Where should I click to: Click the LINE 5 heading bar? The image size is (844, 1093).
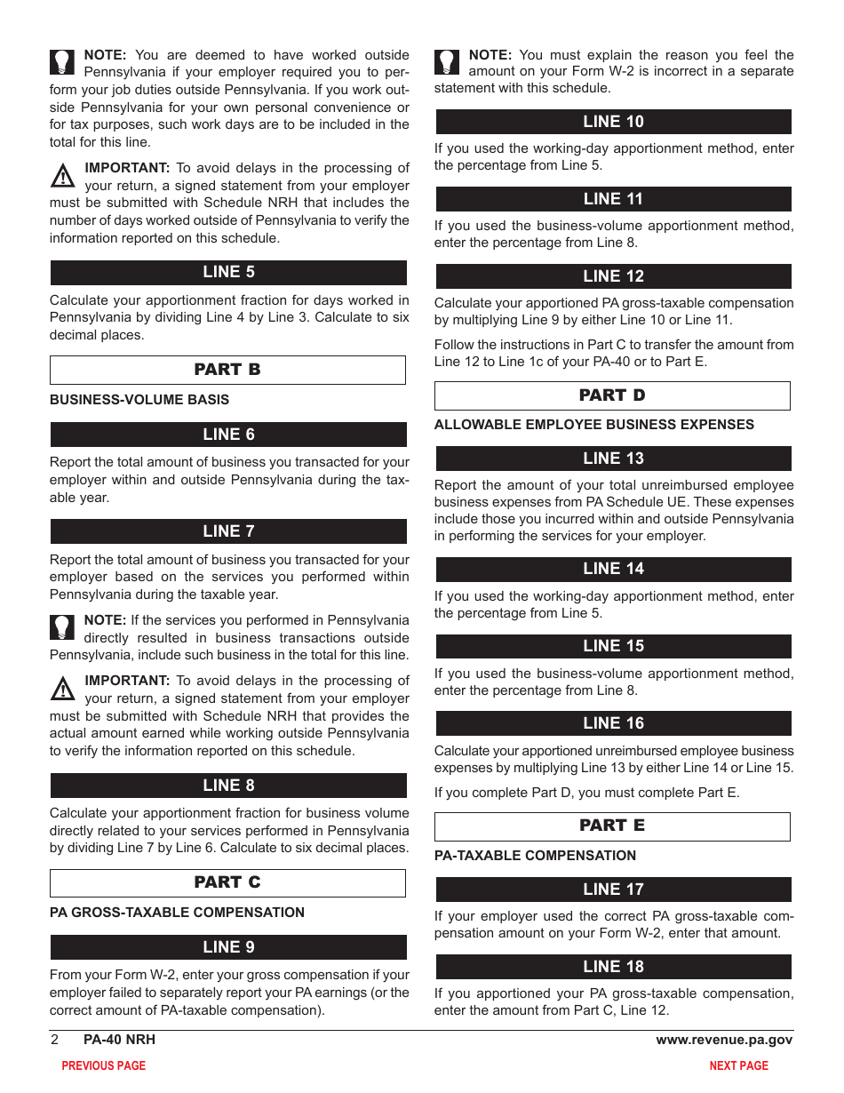coord(228,272)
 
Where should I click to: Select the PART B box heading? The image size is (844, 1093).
coord(227,370)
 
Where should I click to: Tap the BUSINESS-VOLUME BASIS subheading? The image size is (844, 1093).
coord(139,400)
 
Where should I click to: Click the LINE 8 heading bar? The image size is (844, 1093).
coord(228,786)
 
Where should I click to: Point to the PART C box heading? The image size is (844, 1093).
coord(227,882)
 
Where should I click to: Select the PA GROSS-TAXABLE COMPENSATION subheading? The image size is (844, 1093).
coord(177,913)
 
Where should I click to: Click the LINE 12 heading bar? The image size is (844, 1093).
coord(613,276)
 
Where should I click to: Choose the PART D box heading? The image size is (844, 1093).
coord(612,395)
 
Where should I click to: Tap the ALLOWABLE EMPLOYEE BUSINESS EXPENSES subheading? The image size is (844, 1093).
coord(593,425)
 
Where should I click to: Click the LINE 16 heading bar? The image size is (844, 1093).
coord(613,723)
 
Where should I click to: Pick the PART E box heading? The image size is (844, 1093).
coord(612,826)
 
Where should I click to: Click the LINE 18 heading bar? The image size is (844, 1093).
coord(613,967)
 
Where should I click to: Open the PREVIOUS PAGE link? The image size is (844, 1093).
coord(103,1065)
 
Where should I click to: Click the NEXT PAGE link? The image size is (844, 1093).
coord(738,1065)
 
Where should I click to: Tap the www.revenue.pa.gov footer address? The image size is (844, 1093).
coord(724,1040)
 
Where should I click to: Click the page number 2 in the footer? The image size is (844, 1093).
coord(54,1040)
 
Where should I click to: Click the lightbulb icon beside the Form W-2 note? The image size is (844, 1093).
coord(448,62)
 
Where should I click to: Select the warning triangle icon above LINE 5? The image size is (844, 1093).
coord(62,176)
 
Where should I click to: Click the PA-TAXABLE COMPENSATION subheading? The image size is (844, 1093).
coord(535,856)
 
